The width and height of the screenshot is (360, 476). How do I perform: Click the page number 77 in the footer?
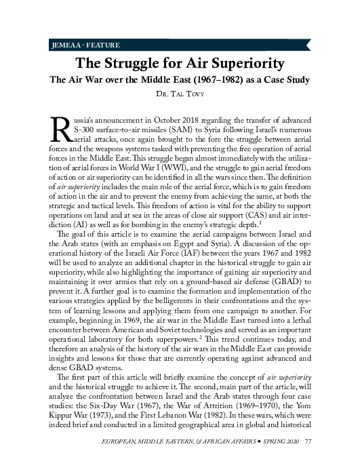click(x=308, y=460)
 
